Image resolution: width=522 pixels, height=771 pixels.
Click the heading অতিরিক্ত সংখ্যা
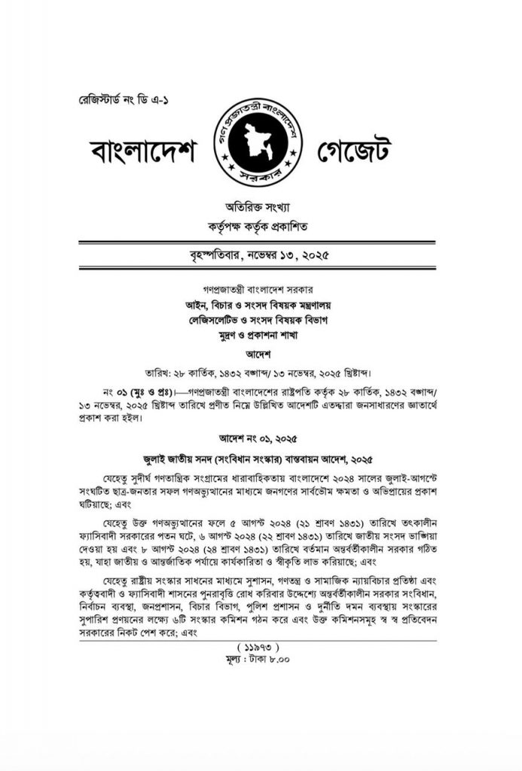pyautogui.click(x=259, y=206)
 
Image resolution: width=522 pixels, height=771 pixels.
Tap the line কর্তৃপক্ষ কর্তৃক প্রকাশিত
pyautogui.click(x=259, y=225)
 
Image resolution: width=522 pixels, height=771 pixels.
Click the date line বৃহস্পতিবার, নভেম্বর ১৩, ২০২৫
pyautogui.click(x=259, y=256)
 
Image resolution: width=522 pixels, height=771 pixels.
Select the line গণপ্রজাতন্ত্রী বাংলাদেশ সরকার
pyautogui.click(x=259, y=288)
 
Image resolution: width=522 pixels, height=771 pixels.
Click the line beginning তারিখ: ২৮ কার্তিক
pyautogui.click(x=259, y=373)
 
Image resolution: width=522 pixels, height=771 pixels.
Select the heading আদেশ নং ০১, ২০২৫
pyautogui.click(x=259, y=437)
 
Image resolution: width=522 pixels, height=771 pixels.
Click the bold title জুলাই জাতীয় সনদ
pyautogui.click(x=259, y=458)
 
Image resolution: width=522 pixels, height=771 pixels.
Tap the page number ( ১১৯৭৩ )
pyautogui.click(x=259, y=646)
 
